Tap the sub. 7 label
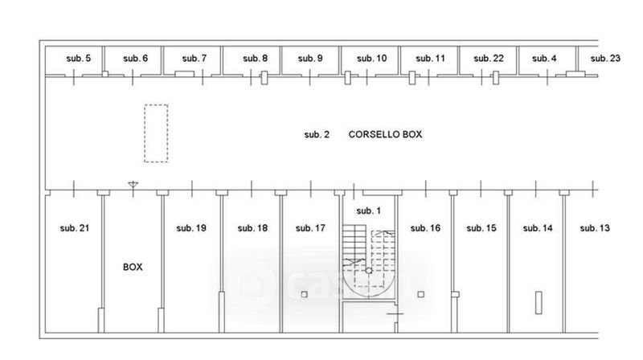click(x=194, y=58)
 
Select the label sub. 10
click(x=371, y=58)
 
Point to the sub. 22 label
click(x=488, y=58)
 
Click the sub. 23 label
click(x=604, y=58)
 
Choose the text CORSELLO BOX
click(x=385, y=134)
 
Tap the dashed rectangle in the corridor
click(x=156, y=133)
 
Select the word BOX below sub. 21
click(x=133, y=267)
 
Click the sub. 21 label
click(x=74, y=228)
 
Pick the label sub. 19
click(x=191, y=228)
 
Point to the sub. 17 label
click(x=310, y=228)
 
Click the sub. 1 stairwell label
click(x=367, y=211)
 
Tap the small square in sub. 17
click(x=304, y=295)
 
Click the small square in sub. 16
click(x=420, y=295)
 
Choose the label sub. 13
click(x=595, y=228)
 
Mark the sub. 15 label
click(x=481, y=228)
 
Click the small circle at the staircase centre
click(x=368, y=271)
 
